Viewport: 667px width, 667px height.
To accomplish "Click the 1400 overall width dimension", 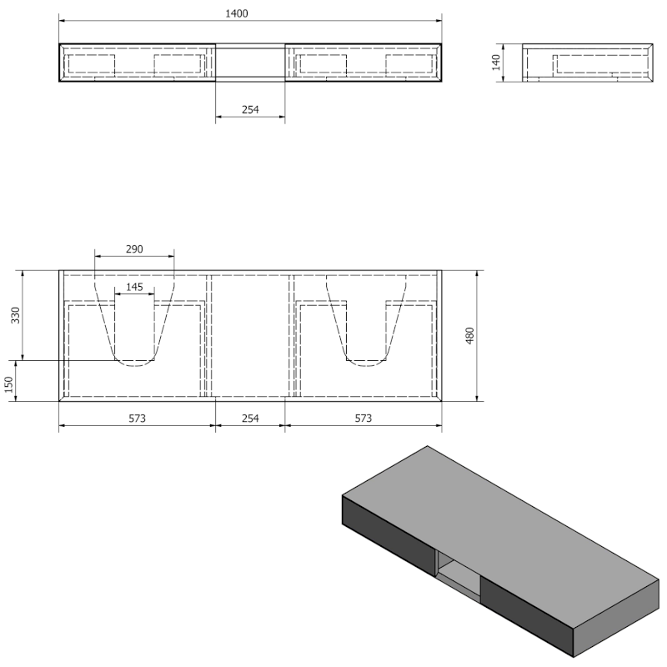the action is [237, 13].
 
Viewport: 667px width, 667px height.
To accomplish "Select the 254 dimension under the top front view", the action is [250, 110].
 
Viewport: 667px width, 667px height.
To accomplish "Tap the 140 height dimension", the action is [496, 63].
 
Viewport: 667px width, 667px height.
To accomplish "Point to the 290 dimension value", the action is [134, 248].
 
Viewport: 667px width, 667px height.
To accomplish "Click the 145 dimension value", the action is [134, 287].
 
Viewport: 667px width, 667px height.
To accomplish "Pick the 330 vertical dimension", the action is [16, 315].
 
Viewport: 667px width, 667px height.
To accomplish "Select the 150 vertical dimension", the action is [9, 385].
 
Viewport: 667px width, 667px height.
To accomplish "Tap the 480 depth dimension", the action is [469, 336].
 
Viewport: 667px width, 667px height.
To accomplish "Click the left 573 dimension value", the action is [137, 419].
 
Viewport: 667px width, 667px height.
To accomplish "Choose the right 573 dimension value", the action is [364, 419].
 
